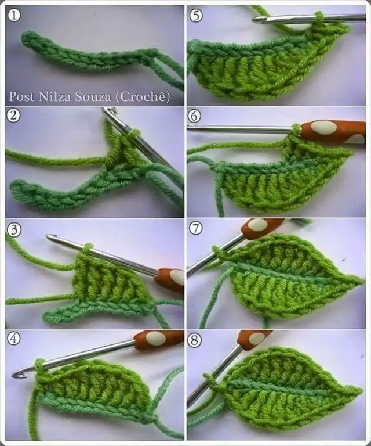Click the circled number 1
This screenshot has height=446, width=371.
click(14, 15)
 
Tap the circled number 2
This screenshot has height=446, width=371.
click(13, 116)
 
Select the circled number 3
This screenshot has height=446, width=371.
click(14, 230)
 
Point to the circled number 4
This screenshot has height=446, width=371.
click(14, 339)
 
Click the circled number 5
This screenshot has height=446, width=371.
click(196, 15)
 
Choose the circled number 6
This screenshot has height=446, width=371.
click(195, 116)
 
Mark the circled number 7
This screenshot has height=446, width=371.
click(196, 228)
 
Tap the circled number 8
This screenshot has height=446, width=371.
click(195, 340)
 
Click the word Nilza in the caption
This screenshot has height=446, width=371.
click(55, 97)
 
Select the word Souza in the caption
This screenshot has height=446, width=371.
click(93, 97)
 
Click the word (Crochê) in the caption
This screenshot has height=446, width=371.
click(143, 97)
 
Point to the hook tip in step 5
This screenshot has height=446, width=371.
click(256, 19)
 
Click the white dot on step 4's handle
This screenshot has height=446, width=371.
click(155, 338)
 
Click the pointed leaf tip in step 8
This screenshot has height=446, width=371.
click(362, 390)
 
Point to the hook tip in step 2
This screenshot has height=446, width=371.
click(107, 110)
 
